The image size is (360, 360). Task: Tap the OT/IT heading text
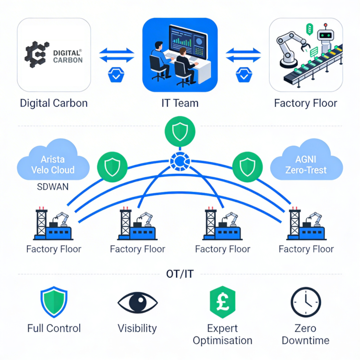coord(179,274)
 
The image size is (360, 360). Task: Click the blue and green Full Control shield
coord(54,302)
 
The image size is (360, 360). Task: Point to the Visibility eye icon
coord(137,302)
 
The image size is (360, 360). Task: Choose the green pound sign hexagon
coord(222,302)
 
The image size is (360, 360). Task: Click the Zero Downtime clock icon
coord(305,302)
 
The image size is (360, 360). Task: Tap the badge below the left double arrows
coord(116,76)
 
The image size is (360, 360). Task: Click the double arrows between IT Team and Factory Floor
coord(243,56)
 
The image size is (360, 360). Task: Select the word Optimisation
coord(222,341)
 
